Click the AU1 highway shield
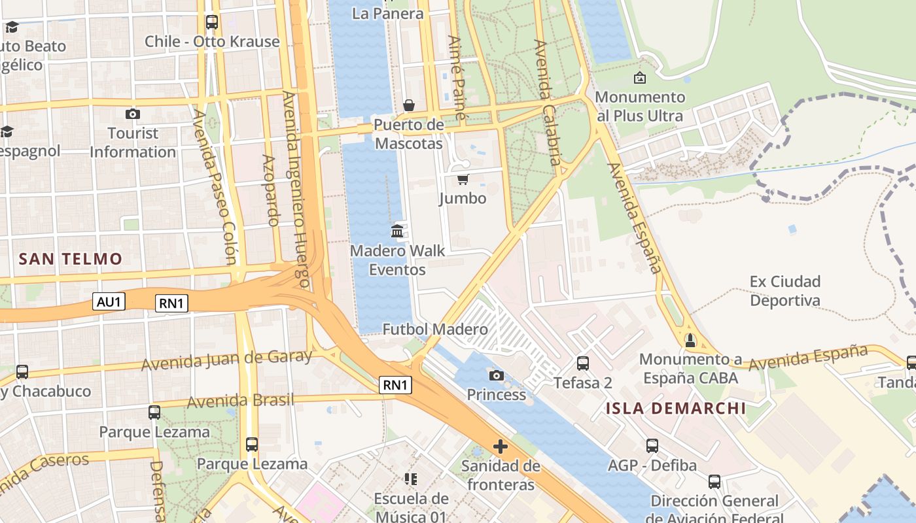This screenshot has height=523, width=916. pyautogui.click(x=109, y=301)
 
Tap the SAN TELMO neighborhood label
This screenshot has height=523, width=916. pyautogui.click(x=71, y=259)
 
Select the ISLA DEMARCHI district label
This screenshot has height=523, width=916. pyautogui.click(x=676, y=409)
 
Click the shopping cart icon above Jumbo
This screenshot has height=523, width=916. pyautogui.click(x=463, y=179)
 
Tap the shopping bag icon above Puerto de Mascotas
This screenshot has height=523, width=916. pyautogui.click(x=409, y=105)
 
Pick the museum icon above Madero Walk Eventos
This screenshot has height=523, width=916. pyautogui.click(x=397, y=231)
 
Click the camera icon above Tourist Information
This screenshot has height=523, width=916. pyautogui.click(x=133, y=114)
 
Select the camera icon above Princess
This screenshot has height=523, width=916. pyautogui.click(x=497, y=375)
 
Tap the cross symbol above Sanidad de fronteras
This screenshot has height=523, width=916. pyautogui.click(x=501, y=447)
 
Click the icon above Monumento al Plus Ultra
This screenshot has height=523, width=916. pyautogui.click(x=640, y=78)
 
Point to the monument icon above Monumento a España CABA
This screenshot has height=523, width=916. pyautogui.click(x=690, y=340)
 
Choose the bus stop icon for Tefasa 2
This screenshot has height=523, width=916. pyautogui.click(x=583, y=363)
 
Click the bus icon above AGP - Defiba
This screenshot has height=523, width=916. pyautogui.click(x=652, y=446)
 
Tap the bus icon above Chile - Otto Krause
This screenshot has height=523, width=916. pyautogui.click(x=212, y=22)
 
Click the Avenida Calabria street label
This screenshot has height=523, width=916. pyautogui.click(x=548, y=103)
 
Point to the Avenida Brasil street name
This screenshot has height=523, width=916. pyautogui.click(x=240, y=400)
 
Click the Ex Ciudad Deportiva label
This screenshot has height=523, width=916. pyautogui.click(x=785, y=291)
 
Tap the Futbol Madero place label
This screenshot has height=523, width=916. pyautogui.click(x=435, y=329)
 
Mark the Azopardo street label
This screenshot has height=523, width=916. pyautogui.click(x=270, y=190)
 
